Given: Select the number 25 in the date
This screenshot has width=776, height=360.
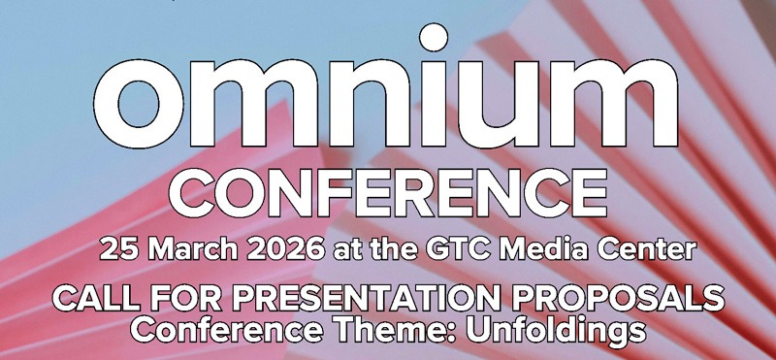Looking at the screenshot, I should tap(115, 249).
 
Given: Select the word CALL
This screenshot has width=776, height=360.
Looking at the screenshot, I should tap(93, 299).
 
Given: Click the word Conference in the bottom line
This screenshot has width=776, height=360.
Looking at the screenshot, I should tap(229, 329).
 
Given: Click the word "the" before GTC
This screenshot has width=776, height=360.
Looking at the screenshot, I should tap(388, 249).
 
